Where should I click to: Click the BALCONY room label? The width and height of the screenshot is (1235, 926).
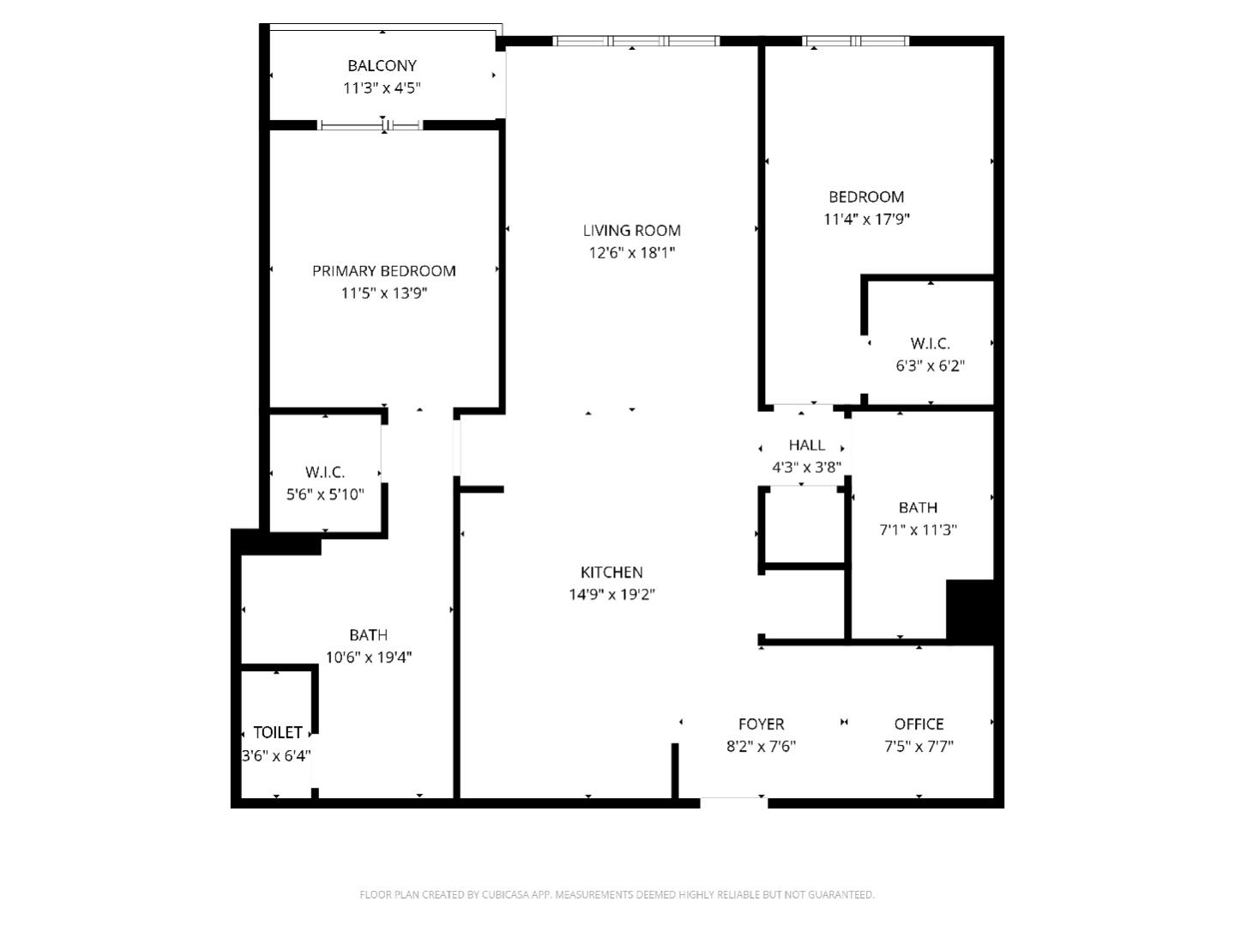pyautogui.click(x=382, y=65)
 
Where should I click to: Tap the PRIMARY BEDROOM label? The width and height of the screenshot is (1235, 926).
pyautogui.click(x=383, y=271)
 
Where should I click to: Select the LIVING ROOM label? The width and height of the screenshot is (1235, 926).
pyautogui.click(x=631, y=230)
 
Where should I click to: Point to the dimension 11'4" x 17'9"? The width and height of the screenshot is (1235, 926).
pyautogui.click(x=866, y=219)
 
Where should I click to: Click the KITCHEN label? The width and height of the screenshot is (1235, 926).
pyautogui.click(x=611, y=572)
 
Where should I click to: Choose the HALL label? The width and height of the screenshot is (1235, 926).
pyautogui.click(x=806, y=445)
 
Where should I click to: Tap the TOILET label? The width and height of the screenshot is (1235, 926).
pyautogui.click(x=277, y=732)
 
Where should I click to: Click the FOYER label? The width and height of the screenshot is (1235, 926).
pyautogui.click(x=761, y=724)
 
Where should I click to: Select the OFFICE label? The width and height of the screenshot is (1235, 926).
pyautogui.click(x=919, y=724)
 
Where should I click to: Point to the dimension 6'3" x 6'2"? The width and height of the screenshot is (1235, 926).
pyautogui.click(x=930, y=366)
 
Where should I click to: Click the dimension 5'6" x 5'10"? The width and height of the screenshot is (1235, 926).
pyautogui.click(x=325, y=494)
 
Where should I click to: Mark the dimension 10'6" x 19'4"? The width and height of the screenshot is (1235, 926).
pyautogui.click(x=368, y=657)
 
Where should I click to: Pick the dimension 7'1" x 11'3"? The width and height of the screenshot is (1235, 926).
pyautogui.click(x=918, y=530)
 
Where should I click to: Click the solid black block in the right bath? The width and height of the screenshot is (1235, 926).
pyautogui.click(x=970, y=610)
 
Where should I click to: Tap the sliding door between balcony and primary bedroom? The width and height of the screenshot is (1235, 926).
pyautogui.click(x=371, y=125)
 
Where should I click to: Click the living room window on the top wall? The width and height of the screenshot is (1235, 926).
pyautogui.click(x=636, y=40)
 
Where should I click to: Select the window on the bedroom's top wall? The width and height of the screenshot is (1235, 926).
pyautogui.click(x=855, y=40)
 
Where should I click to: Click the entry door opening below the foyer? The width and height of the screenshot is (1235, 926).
pyautogui.click(x=733, y=802)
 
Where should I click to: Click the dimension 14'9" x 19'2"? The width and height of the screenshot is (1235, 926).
pyautogui.click(x=611, y=595)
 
